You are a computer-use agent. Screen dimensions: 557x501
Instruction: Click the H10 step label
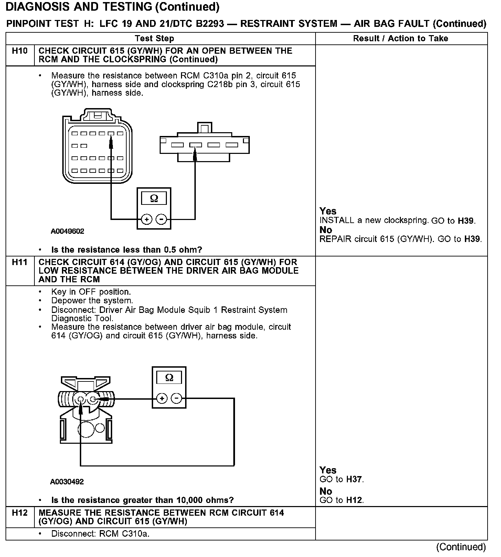click(20, 51)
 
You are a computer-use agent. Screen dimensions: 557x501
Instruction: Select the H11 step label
click(20, 262)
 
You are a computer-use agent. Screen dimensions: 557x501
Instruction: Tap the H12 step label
click(20, 513)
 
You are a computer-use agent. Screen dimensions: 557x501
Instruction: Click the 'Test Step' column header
click(154, 39)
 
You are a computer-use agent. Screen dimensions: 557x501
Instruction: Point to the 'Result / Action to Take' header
click(401, 39)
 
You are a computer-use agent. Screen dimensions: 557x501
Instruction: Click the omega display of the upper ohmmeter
click(154, 199)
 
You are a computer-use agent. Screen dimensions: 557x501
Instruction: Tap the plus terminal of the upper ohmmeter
click(147, 219)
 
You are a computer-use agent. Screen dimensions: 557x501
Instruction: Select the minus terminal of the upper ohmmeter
click(161, 219)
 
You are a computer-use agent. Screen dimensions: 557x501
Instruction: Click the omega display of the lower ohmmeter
click(169, 378)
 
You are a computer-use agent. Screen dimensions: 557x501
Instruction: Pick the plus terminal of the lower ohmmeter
click(162, 399)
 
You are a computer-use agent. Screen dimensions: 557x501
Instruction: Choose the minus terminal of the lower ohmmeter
click(177, 399)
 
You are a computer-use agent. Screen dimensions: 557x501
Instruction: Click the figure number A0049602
click(67, 231)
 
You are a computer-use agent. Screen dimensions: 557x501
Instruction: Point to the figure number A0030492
click(67, 482)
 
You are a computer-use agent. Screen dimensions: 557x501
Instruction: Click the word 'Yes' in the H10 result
click(328, 211)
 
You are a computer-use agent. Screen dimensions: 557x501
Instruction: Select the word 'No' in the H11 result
click(326, 491)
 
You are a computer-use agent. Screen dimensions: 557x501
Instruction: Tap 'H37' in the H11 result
click(354, 480)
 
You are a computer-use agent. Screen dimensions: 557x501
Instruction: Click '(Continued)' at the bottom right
click(461, 547)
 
